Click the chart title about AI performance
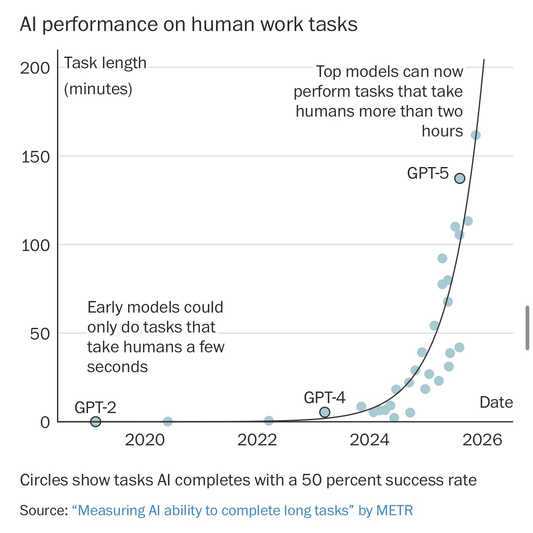(x=188, y=24)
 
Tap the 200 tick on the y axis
(x=35, y=68)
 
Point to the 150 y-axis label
(x=35, y=157)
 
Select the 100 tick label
(x=35, y=245)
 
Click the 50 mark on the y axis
(x=40, y=334)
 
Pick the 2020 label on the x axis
(x=145, y=440)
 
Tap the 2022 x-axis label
(x=257, y=440)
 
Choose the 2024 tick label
(x=369, y=440)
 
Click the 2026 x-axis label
(x=482, y=440)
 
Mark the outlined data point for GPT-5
(x=460, y=178)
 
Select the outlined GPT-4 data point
(x=325, y=412)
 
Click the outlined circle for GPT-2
(x=95, y=421)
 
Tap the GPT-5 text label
(x=428, y=173)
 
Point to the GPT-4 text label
(x=324, y=397)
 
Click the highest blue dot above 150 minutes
(x=476, y=135)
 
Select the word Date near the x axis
(x=496, y=402)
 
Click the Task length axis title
(x=105, y=63)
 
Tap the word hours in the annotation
(x=442, y=131)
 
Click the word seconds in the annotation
(x=117, y=367)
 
